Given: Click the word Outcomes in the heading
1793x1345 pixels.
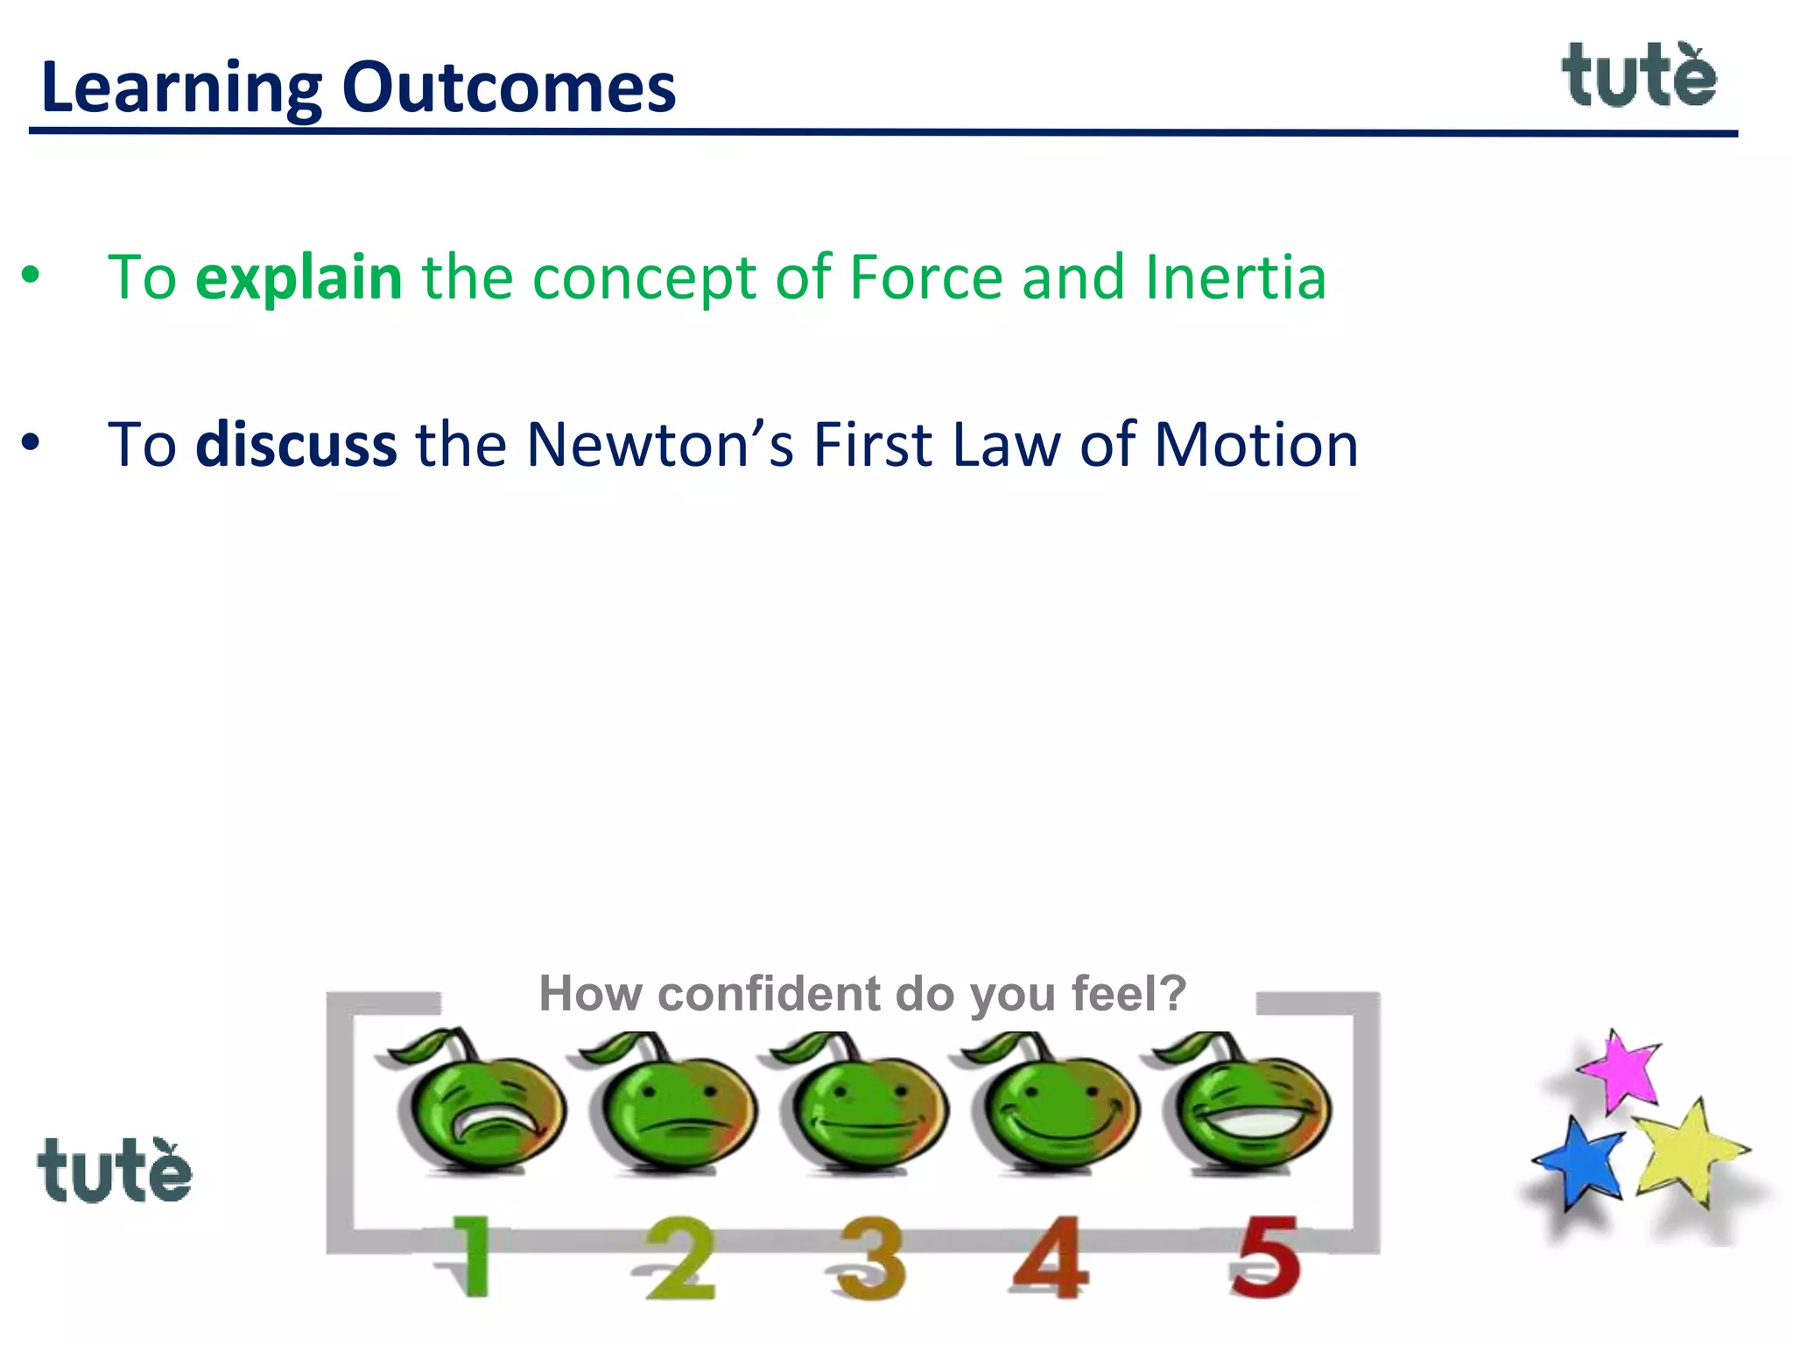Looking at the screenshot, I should point(509,88).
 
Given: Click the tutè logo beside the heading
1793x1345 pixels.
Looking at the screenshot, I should point(1639,76).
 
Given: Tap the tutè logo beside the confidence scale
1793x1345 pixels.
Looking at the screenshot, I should point(115,1170).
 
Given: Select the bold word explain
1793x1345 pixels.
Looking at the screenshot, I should point(299,278).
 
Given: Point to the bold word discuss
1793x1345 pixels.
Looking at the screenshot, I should point(296,445).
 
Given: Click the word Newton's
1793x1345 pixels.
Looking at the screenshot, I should point(660,445).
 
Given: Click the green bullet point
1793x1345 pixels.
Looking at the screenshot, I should point(31,276).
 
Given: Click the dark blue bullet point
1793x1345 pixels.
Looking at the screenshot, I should point(31,443).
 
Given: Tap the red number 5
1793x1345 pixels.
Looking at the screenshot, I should point(1265,1258).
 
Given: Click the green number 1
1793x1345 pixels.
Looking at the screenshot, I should point(471,1257).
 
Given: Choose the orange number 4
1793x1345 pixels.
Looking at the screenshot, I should point(1051,1258).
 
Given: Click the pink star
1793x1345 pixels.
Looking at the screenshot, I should point(1622,1070).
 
